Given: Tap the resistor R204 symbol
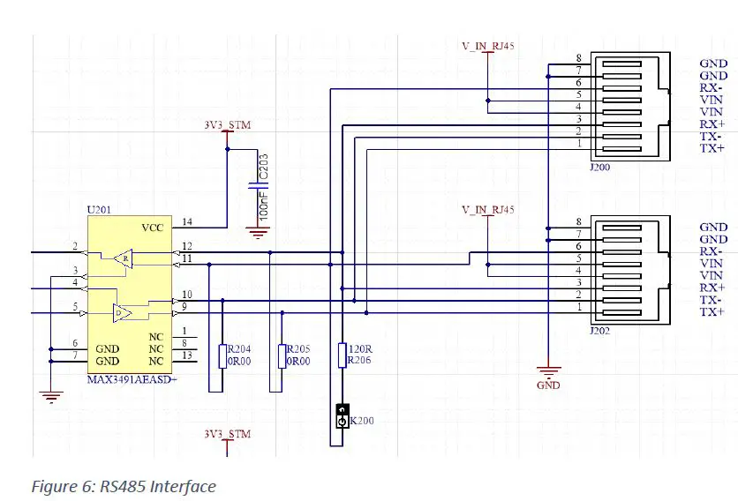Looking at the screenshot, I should pyautogui.click(x=222, y=355).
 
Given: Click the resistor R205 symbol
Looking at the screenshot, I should pyautogui.click(x=282, y=355).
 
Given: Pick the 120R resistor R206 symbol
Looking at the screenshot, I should pyautogui.click(x=342, y=355).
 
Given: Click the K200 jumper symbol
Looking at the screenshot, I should pyautogui.click(x=342, y=416).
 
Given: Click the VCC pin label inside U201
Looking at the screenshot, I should pyautogui.click(x=152, y=228).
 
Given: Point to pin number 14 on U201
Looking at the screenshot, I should pyautogui.click(x=187, y=221).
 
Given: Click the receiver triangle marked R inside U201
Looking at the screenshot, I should pyautogui.click(x=124, y=259).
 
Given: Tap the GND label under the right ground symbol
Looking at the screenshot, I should pyautogui.click(x=548, y=385).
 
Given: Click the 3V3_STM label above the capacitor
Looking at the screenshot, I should pyautogui.click(x=227, y=125).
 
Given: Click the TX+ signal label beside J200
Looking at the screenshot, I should pyautogui.click(x=712, y=149).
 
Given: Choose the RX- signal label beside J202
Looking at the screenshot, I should pyautogui.click(x=712, y=251).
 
